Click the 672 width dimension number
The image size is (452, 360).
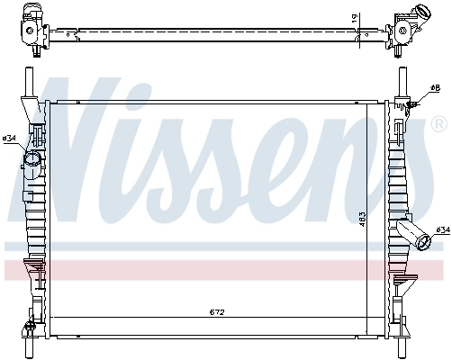click(x=217, y=312)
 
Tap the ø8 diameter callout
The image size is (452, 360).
click(x=435, y=88)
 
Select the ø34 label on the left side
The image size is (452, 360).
click(x=10, y=138)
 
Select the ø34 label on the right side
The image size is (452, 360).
click(x=442, y=231)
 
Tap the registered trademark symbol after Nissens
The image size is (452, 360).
click(x=441, y=121)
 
